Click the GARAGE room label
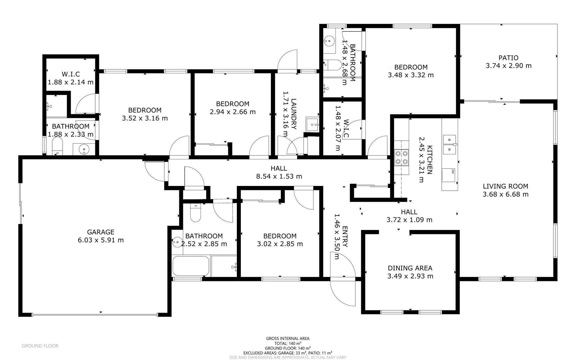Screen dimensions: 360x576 tap(101, 232)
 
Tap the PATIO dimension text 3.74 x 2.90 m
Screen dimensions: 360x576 tap(508, 66)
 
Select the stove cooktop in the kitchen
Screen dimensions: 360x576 tap(401, 158)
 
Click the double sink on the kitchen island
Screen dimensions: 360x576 tap(449, 144)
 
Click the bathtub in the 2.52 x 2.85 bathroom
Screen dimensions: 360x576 tap(191, 266)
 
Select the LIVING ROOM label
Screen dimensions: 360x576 tap(505, 186)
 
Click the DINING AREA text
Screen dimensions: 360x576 tap(410, 268)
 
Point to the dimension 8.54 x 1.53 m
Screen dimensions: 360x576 tap(279, 176)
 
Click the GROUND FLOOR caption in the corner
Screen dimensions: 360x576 tap(40, 346)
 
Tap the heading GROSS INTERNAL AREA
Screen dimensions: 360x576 tap(288, 338)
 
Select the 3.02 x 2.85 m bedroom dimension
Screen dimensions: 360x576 tap(280, 244)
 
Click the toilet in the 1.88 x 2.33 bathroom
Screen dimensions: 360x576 tap(57, 147)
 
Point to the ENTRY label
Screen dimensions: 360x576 tap(345, 237)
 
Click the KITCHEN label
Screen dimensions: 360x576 tap(430, 159)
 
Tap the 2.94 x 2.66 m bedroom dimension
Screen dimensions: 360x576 tap(233, 112)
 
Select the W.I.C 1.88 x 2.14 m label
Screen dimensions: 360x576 tap(71, 78)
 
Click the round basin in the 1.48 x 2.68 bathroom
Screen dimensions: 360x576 tap(329, 41)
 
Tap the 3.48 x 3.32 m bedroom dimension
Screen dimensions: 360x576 tap(410, 75)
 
